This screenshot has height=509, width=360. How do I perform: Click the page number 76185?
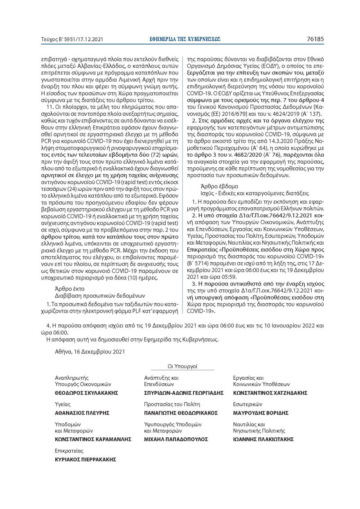315,39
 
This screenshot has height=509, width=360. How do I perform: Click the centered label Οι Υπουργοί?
182,367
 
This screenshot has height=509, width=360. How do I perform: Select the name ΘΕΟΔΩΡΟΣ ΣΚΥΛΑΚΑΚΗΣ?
86,392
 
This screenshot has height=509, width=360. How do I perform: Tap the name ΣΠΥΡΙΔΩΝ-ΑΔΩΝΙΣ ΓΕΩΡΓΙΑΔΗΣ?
184,392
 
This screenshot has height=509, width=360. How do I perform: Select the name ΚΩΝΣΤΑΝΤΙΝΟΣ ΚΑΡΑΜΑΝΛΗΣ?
93,439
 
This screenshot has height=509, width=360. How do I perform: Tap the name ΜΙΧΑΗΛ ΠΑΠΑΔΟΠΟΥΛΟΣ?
176,439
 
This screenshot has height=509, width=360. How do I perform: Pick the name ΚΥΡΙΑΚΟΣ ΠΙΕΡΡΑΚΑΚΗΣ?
85,459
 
